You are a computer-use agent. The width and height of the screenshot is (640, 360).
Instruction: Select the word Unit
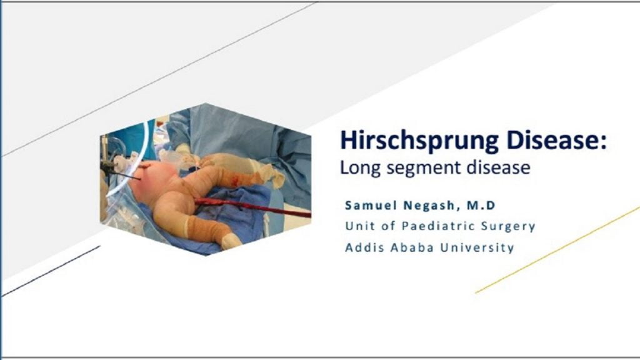(357, 226)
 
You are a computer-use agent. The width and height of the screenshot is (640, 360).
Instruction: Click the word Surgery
(510, 227)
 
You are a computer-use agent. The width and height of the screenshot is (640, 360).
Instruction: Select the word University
(477, 247)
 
